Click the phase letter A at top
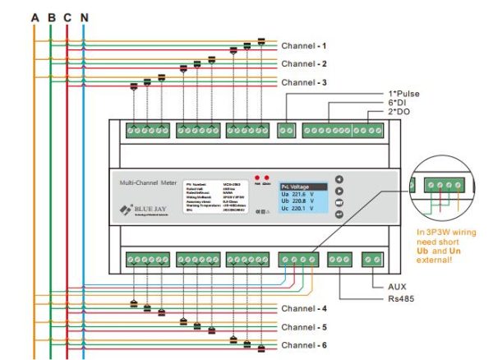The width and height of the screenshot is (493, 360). click(x=34, y=16)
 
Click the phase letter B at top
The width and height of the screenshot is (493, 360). click(x=51, y=16)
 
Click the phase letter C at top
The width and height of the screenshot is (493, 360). click(x=67, y=16)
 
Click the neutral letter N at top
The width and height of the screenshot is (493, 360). click(x=85, y=16)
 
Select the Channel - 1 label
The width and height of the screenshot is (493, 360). click(x=304, y=45)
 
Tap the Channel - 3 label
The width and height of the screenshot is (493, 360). click(x=304, y=83)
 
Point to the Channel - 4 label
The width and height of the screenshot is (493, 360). click(x=304, y=308)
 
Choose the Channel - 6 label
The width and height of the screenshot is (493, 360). click(x=304, y=345)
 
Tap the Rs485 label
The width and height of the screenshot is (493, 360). click(x=400, y=298)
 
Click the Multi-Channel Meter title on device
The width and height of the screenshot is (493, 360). click(x=149, y=182)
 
